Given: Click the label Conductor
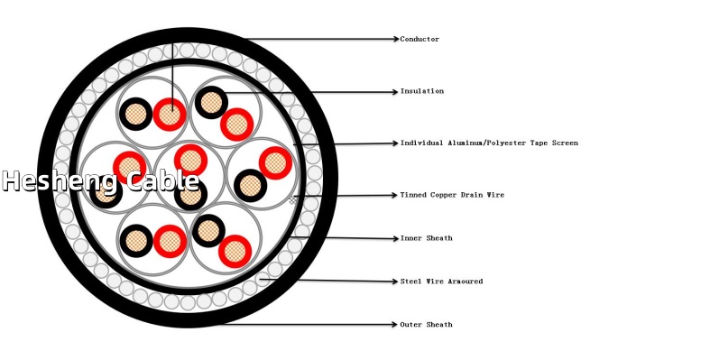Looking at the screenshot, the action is point(420,39).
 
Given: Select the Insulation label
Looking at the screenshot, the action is point(421,91).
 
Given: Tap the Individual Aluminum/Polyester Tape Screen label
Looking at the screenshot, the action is point(489,143).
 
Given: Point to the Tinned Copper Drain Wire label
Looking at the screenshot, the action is point(452,195).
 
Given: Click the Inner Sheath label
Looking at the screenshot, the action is point(426,238).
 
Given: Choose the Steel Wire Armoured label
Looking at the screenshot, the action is point(441,282).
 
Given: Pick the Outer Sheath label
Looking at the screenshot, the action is point(426,325).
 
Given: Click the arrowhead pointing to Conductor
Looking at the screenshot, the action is point(397,39).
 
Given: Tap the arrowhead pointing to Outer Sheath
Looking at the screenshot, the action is point(395,324).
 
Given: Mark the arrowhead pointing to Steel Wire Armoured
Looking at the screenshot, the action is point(395,282).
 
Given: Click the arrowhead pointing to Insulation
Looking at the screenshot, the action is point(395,92).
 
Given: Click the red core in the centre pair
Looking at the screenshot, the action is point(190,161).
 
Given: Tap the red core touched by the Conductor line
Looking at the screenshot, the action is point(170,115).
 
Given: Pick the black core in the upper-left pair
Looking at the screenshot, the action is point(136,114).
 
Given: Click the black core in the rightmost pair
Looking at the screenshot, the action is point(251,186).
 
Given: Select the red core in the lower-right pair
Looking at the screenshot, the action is point(235,252).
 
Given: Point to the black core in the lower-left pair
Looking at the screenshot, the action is point(136,241).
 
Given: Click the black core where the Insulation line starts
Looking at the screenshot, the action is point(211,102).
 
